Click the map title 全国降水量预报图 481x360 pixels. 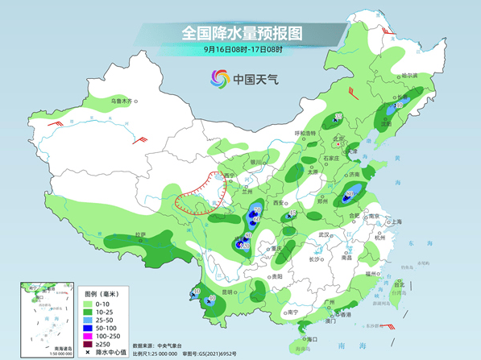click(242, 33)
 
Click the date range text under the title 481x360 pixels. click(242, 50)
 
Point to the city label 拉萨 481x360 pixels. click(141, 234)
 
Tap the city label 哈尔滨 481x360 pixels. click(410, 75)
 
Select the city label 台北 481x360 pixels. click(399, 283)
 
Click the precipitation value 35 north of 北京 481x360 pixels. click(338, 118)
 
